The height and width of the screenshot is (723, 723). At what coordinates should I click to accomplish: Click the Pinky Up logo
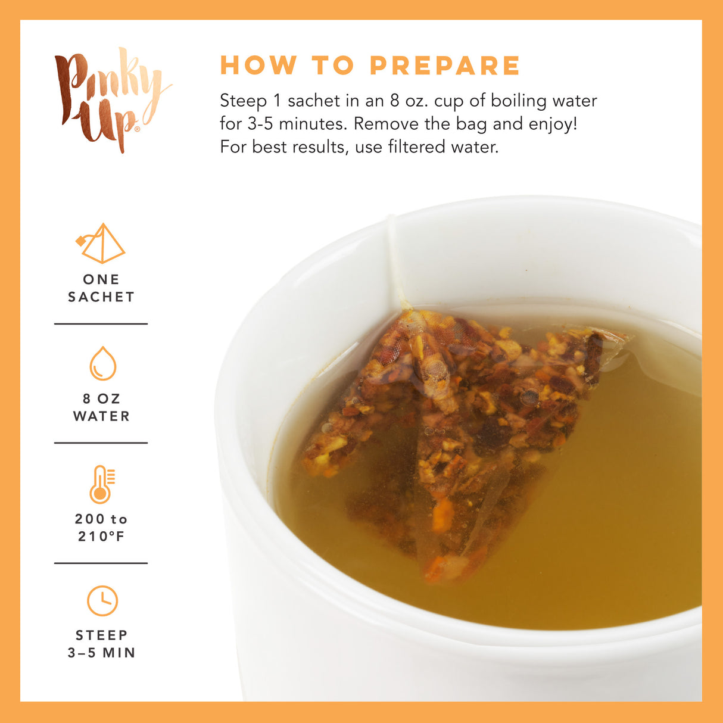coord(110,98)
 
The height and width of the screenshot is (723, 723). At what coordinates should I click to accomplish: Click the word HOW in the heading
coord(258,66)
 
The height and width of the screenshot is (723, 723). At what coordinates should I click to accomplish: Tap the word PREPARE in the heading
coord(445,66)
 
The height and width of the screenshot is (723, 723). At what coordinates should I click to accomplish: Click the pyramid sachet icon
coord(101,244)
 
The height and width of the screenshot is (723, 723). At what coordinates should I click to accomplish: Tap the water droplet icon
coord(102,363)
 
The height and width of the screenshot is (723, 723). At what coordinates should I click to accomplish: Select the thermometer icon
coord(102,484)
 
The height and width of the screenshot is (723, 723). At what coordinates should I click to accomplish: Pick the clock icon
coord(102,601)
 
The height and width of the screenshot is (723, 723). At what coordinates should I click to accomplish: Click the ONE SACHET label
coord(101,288)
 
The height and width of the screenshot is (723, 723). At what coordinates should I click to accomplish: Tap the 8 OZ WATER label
coord(101,407)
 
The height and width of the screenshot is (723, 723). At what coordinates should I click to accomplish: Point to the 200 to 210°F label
coord(101,528)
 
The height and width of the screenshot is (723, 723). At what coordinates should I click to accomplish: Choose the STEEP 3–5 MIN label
coord(101,644)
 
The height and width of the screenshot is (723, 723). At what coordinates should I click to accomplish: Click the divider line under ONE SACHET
coord(101,324)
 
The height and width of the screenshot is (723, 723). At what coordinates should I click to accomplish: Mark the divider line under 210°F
coord(101,563)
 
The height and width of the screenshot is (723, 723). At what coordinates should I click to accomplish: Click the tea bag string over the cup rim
coord(394,262)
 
